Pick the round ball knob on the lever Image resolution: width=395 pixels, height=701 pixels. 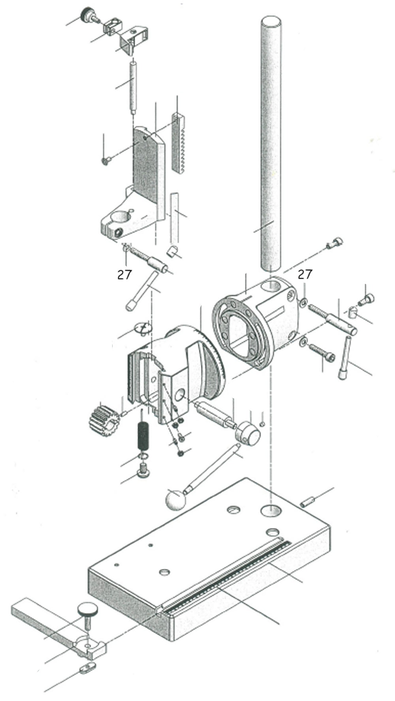click(175, 499)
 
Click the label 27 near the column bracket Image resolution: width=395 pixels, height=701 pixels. click(305, 274)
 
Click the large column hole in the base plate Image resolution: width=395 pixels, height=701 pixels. click(271, 509)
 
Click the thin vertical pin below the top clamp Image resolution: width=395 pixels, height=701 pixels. click(134, 87)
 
